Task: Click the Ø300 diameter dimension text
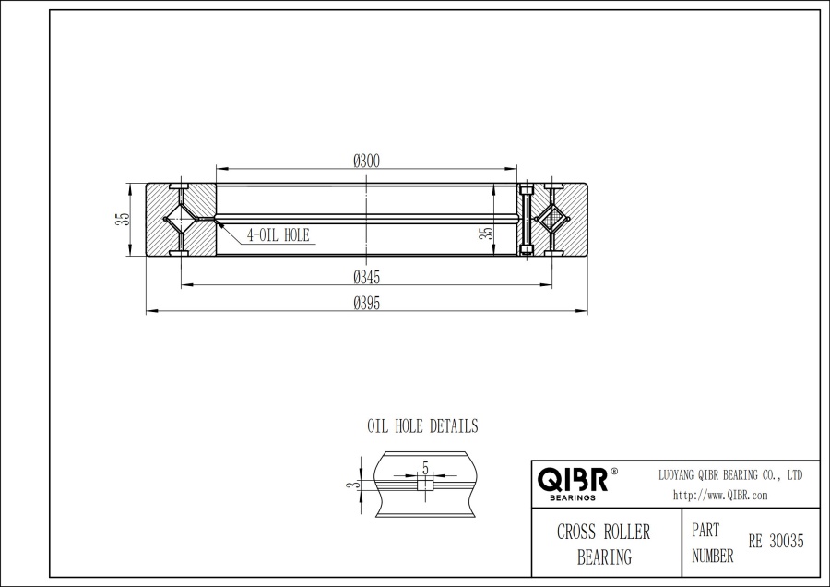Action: (367, 161)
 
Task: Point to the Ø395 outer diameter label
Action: (367, 303)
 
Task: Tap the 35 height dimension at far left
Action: (122, 220)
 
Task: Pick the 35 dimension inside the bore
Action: (486, 234)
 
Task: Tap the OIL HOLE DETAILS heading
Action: (422, 426)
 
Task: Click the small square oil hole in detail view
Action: (424, 485)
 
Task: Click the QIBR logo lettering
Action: (572, 479)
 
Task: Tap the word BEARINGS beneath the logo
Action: (572, 497)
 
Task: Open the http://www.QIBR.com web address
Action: (720, 495)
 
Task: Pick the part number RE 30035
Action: (776, 542)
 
